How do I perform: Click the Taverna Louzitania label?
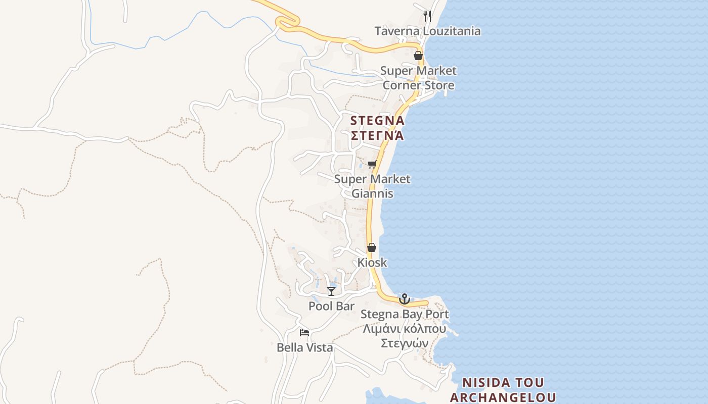[x=427, y=31]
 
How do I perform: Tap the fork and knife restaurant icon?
[x=427, y=16]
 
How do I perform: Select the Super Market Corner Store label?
[x=418, y=78]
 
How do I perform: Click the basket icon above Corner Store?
[x=418, y=56]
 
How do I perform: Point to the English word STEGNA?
[x=377, y=121]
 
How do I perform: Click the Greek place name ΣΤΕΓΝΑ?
[x=377, y=135]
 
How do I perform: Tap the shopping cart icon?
[x=372, y=164]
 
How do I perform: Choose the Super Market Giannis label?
[x=372, y=186]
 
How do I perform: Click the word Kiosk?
[x=372, y=263]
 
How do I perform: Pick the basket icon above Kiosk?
[x=372, y=247]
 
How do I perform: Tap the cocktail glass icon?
[x=331, y=291]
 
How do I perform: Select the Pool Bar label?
[x=331, y=306]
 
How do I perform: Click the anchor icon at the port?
[x=404, y=299]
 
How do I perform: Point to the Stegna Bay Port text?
[x=405, y=314]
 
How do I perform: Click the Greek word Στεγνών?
[x=405, y=343]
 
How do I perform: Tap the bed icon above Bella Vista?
[x=304, y=332]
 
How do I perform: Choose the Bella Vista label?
[x=304, y=347]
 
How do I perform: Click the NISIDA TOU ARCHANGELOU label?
[x=503, y=389]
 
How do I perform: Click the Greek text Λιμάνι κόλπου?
[x=405, y=329]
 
